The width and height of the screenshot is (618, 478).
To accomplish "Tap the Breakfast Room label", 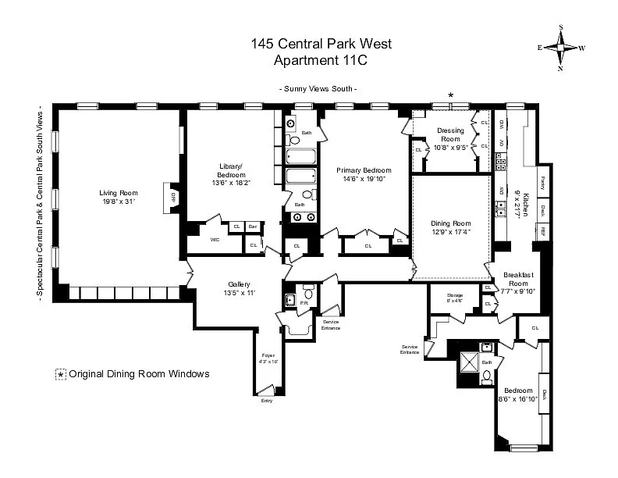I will point(518,279).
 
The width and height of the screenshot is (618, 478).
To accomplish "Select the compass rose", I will point(560,48).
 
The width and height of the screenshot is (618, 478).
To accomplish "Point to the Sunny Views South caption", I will point(318,89).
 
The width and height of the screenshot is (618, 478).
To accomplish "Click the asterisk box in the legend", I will point(60,374).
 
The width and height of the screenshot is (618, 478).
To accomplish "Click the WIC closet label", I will point(215,240).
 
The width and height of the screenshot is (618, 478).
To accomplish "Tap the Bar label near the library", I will point(253,227).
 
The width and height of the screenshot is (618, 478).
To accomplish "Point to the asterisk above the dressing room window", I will point(450,95).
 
